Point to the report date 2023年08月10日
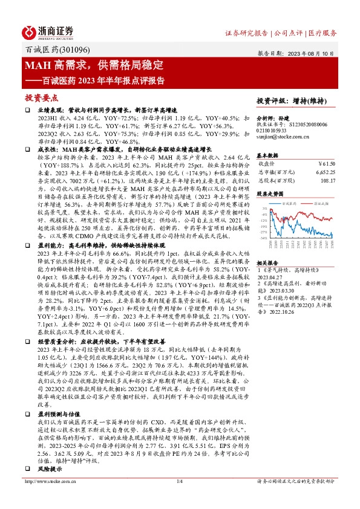tap(312, 53)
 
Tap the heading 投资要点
tap(41, 97)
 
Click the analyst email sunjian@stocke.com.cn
tap(283, 137)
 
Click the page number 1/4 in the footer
tap(179, 499)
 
